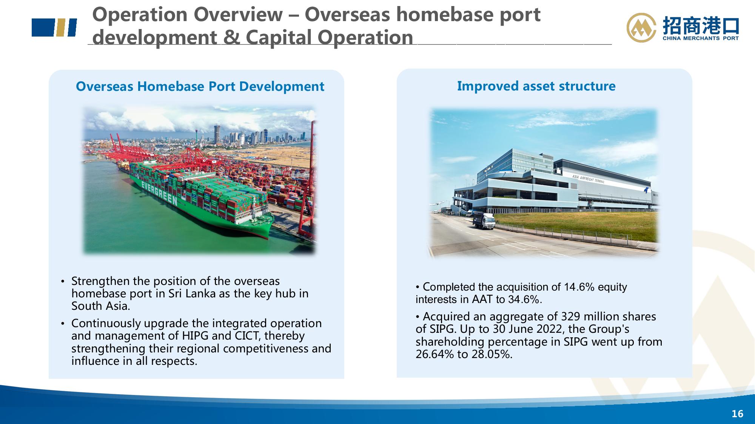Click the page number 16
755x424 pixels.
737,414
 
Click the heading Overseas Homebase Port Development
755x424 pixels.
200,87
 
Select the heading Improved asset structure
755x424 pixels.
536,86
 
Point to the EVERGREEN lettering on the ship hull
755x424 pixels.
159,192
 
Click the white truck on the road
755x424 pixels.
484,221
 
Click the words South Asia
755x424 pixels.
101,306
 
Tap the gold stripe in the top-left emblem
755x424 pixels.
60,28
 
